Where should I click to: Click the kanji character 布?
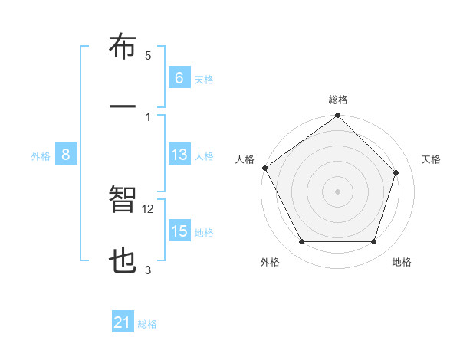(123, 48)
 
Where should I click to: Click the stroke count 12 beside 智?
(149, 209)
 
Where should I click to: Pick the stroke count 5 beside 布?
(148, 56)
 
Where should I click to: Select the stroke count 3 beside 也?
(148, 270)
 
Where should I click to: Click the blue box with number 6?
(179, 77)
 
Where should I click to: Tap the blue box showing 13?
(179, 155)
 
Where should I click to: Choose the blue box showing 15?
(179, 231)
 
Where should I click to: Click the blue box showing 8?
(66, 155)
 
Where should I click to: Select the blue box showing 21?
(123, 323)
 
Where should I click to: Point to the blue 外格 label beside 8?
(41, 156)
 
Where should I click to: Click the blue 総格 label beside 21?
(147, 324)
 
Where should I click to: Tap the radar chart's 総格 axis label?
(338, 100)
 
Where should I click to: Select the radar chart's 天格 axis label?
(432, 159)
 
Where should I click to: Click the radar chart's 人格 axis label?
(245, 159)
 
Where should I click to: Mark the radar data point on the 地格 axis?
(374, 242)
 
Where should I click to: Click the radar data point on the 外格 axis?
(301, 242)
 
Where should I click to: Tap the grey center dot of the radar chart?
(337, 191)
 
